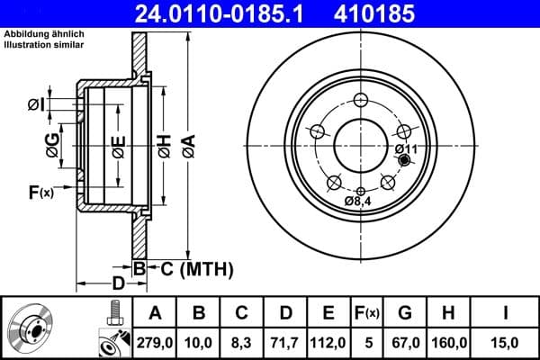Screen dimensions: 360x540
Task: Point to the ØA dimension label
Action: click(x=187, y=143)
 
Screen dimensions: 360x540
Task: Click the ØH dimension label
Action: click(x=164, y=143)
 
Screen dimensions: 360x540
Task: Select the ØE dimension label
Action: click(x=118, y=144)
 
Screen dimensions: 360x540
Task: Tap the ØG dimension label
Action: click(x=53, y=144)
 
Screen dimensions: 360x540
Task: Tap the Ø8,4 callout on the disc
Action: click(x=357, y=201)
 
